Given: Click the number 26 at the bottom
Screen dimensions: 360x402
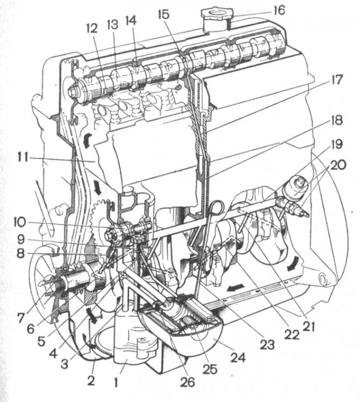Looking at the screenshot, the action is pos(187,382).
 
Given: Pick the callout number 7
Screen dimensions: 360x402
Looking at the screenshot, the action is pos(21,318).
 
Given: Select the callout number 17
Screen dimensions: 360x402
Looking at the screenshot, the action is pos(337,80).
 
